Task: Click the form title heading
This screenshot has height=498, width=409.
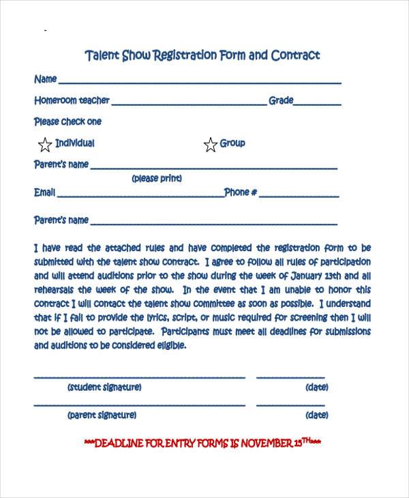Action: pos(202,55)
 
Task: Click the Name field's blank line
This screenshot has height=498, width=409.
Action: pos(199,83)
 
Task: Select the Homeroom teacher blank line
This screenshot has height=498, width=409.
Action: pos(188,104)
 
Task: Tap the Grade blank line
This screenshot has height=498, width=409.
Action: pos(318,104)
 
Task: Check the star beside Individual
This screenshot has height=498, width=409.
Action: pos(45,144)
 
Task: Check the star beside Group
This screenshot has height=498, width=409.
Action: pos(210,144)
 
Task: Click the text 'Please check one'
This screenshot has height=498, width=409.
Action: pos(67,122)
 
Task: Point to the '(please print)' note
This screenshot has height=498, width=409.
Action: pos(157,179)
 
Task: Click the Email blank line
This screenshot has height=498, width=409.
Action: pos(140,196)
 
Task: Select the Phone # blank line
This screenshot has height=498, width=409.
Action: pos(299,196)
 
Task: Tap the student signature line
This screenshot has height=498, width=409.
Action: pos(139,377)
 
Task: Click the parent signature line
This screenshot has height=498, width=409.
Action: pos(139,405)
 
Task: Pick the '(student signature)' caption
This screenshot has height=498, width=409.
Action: pos(104,387)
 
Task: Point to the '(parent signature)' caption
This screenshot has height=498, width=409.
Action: pos(102,415)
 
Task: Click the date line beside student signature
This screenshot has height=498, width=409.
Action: pos(290,377)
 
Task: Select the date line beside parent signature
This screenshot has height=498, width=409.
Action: pos(290,405)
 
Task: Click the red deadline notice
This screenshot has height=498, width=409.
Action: pos(202,442)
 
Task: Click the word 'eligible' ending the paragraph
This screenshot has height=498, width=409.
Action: pos(168,345)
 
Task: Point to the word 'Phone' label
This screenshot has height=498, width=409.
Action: pos(237,192)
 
